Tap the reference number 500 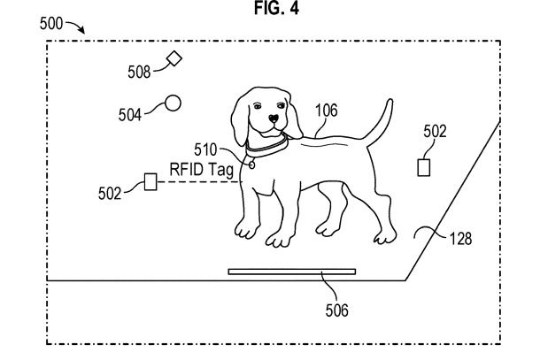[56, 25]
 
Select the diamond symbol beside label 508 [174, 58]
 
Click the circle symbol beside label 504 [174, 103]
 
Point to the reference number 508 [139, 72]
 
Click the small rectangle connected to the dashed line [150, 182]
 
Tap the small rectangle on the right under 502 [424, 166]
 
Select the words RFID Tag [201, 168]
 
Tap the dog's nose [274, 118]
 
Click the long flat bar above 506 [291, 271]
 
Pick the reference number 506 [337, 310]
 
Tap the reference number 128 [459, 238]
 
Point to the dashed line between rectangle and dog [195, 182]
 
